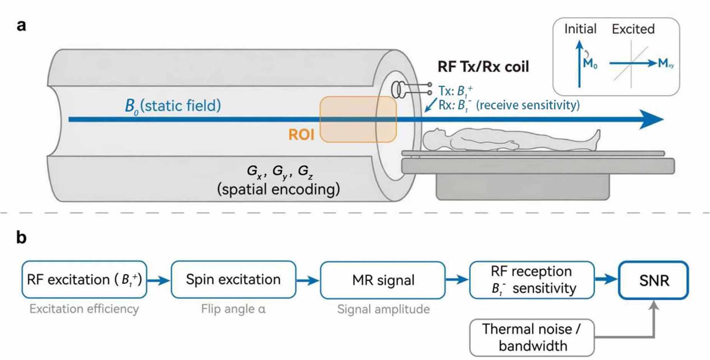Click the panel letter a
pos(22,25)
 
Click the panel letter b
pos(22,237)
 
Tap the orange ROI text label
pos(301,134)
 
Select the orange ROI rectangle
pos(358,119)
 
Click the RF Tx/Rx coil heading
pos(483,67)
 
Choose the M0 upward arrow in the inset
pos(579,64)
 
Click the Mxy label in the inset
pos(665,63)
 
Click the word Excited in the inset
pos(633,29)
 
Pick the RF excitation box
pos(84,279)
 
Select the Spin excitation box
pos(233,279)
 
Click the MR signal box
pos(383,280)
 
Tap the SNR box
pos(654,280)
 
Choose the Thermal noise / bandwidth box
pos(532,337)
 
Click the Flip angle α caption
pos(233,309)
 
